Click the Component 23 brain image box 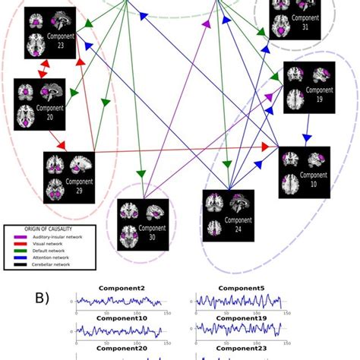pos(52,33)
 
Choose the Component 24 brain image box pos(230,216)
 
